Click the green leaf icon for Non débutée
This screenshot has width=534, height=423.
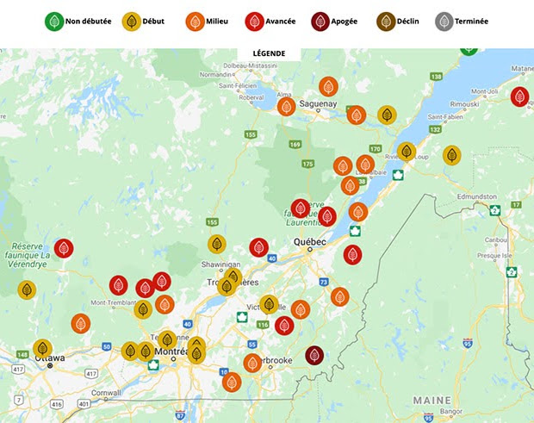click(x=54, y=21)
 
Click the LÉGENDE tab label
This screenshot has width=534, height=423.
click(x=269, y=53)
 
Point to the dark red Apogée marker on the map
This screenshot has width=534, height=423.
click(x=314, y=355)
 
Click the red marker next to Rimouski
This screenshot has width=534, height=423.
click(x=519, y=96)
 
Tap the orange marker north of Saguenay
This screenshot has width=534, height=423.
click(x=328, y=86)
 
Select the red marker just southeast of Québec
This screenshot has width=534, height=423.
click(x=352, y=254)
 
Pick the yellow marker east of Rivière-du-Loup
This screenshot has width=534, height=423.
click(x=451, y=155)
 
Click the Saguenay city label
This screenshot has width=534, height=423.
click(x=319, y=103)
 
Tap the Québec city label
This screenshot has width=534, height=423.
click(x=310, y=243)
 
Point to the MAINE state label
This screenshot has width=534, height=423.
click(x=432, y=401)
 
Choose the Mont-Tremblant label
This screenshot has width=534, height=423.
click(x=109, y=303)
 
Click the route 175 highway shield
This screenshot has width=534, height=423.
click(x=308, y=164)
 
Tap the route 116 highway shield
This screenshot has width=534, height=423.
click(x=263, y=325)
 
